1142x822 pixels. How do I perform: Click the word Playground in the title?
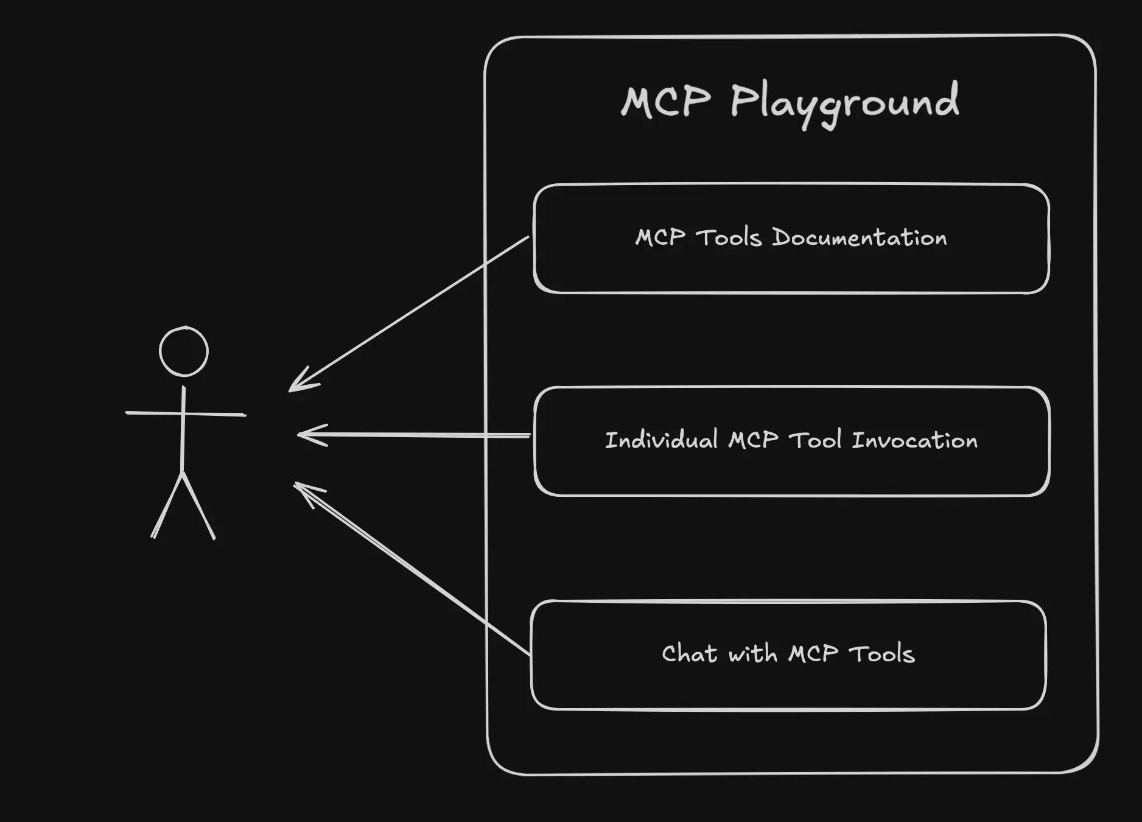pos(844,102)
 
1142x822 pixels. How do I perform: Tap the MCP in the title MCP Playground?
pos(665,101)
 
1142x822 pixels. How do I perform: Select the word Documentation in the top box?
pos(859,237)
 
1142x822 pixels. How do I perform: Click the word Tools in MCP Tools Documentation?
pos(729,237)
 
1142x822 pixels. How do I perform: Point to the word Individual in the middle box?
pos(661,440)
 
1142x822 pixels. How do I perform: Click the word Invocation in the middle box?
pos(914,440)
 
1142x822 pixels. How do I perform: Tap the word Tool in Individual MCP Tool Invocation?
pos(815,440)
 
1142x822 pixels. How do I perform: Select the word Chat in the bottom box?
pos(689,654)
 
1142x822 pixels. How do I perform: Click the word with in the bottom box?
pos(752,654)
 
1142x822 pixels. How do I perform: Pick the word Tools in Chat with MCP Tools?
pos(881,654)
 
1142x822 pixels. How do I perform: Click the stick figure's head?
pos(184,351)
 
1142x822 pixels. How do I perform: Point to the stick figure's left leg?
pos(167,505)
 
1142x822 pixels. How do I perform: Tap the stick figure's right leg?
pos(199,505)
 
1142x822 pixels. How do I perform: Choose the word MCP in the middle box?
pos(753,440)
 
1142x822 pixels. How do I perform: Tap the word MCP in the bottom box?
pos(813,654)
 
